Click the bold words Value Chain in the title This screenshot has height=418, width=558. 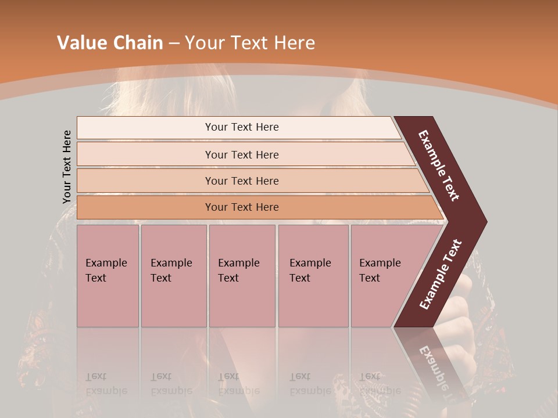tap(110, 43)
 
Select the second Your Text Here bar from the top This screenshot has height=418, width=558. tap(242, 154)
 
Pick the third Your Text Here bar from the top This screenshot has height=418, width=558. tap(242, 181)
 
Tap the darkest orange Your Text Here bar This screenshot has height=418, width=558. tap(242, 207)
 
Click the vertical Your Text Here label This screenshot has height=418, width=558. tap(67, 167)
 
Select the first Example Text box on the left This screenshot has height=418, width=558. tap(108, 276)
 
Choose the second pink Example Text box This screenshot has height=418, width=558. tap(173, 276)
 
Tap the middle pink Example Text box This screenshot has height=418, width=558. tap(242, 276)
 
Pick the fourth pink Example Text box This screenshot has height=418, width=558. tap(313, 276)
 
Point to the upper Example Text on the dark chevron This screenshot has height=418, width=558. tap(439, 165)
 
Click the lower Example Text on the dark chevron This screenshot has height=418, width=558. tap(441, 274)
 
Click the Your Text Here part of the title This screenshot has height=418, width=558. tap(250, 43)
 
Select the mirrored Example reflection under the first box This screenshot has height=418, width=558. tap(106, 391)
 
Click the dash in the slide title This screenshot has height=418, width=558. tap(174, 43)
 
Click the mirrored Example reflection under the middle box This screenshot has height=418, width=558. tap(239, 391)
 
